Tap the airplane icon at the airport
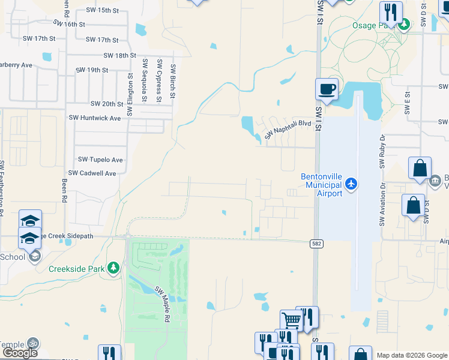point(352,184)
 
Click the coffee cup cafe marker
point(327,89)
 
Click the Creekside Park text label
point(77,269)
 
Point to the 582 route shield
point(316,244)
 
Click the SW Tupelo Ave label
point(100,160)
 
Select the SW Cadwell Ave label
point(92,173)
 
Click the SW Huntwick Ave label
point(95,118)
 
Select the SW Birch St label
point(173,81)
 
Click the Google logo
point(20,353)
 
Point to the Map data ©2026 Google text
point(411,355)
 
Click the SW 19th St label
point(92,70)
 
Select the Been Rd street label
point(64,191)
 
